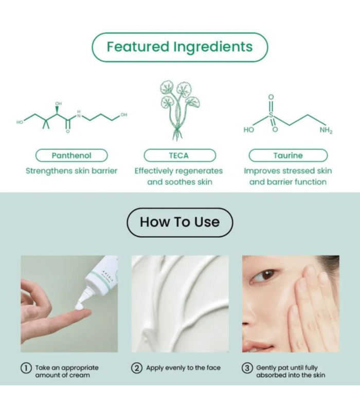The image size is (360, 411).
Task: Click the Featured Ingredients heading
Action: [x=179, y=47]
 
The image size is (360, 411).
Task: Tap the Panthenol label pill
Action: [x=71, y=155]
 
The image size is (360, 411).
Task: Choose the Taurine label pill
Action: [x=288, y=155]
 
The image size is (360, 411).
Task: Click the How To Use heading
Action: [x=179, y=222]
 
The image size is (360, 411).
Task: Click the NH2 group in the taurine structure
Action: [x=326, y=130]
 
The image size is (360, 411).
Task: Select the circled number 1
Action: [x=25, y=368]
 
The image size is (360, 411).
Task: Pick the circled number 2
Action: [x=137, y=368]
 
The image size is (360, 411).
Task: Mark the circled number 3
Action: [x=247, y=368]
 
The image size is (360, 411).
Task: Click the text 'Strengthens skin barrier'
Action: [x=71, y=171]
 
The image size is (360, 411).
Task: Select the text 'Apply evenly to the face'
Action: [x=183, y=368]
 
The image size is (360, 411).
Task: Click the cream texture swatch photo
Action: [x=179, y=303]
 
